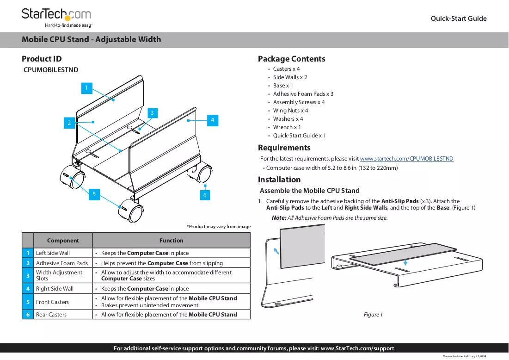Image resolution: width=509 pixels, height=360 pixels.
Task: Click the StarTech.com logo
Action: (57, 18)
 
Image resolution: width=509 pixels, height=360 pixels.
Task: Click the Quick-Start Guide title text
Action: (458, 19)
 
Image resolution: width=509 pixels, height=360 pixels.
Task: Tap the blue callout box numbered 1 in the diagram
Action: (86, 88)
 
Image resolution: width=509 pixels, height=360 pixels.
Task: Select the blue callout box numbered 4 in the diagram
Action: (212, 120)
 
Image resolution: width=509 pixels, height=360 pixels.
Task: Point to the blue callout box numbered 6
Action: (205, 195)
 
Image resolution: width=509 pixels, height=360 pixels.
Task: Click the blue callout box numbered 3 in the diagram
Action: (152, 113)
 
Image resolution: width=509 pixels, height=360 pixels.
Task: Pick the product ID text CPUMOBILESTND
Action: (51, 70)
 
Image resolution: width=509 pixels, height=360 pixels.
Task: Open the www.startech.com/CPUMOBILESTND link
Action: (406, 159)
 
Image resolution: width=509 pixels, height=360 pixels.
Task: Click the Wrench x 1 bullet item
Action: (287, 127)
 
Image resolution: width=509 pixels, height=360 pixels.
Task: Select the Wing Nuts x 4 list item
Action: (290, 111)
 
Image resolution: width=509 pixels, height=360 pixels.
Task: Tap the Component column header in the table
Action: (63, 241)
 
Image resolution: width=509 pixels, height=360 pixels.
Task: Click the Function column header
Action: (172, 241)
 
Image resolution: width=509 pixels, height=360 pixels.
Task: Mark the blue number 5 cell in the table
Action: (28, 302)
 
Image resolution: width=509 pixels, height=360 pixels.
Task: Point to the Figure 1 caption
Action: (373, 315)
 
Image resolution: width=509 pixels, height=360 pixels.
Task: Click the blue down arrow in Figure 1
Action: (405, 262)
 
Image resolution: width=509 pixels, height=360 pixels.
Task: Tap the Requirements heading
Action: (284, 148)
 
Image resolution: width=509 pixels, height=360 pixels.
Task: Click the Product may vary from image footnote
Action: (219, 226)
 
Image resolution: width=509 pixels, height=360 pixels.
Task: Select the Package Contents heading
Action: (292, 59)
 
